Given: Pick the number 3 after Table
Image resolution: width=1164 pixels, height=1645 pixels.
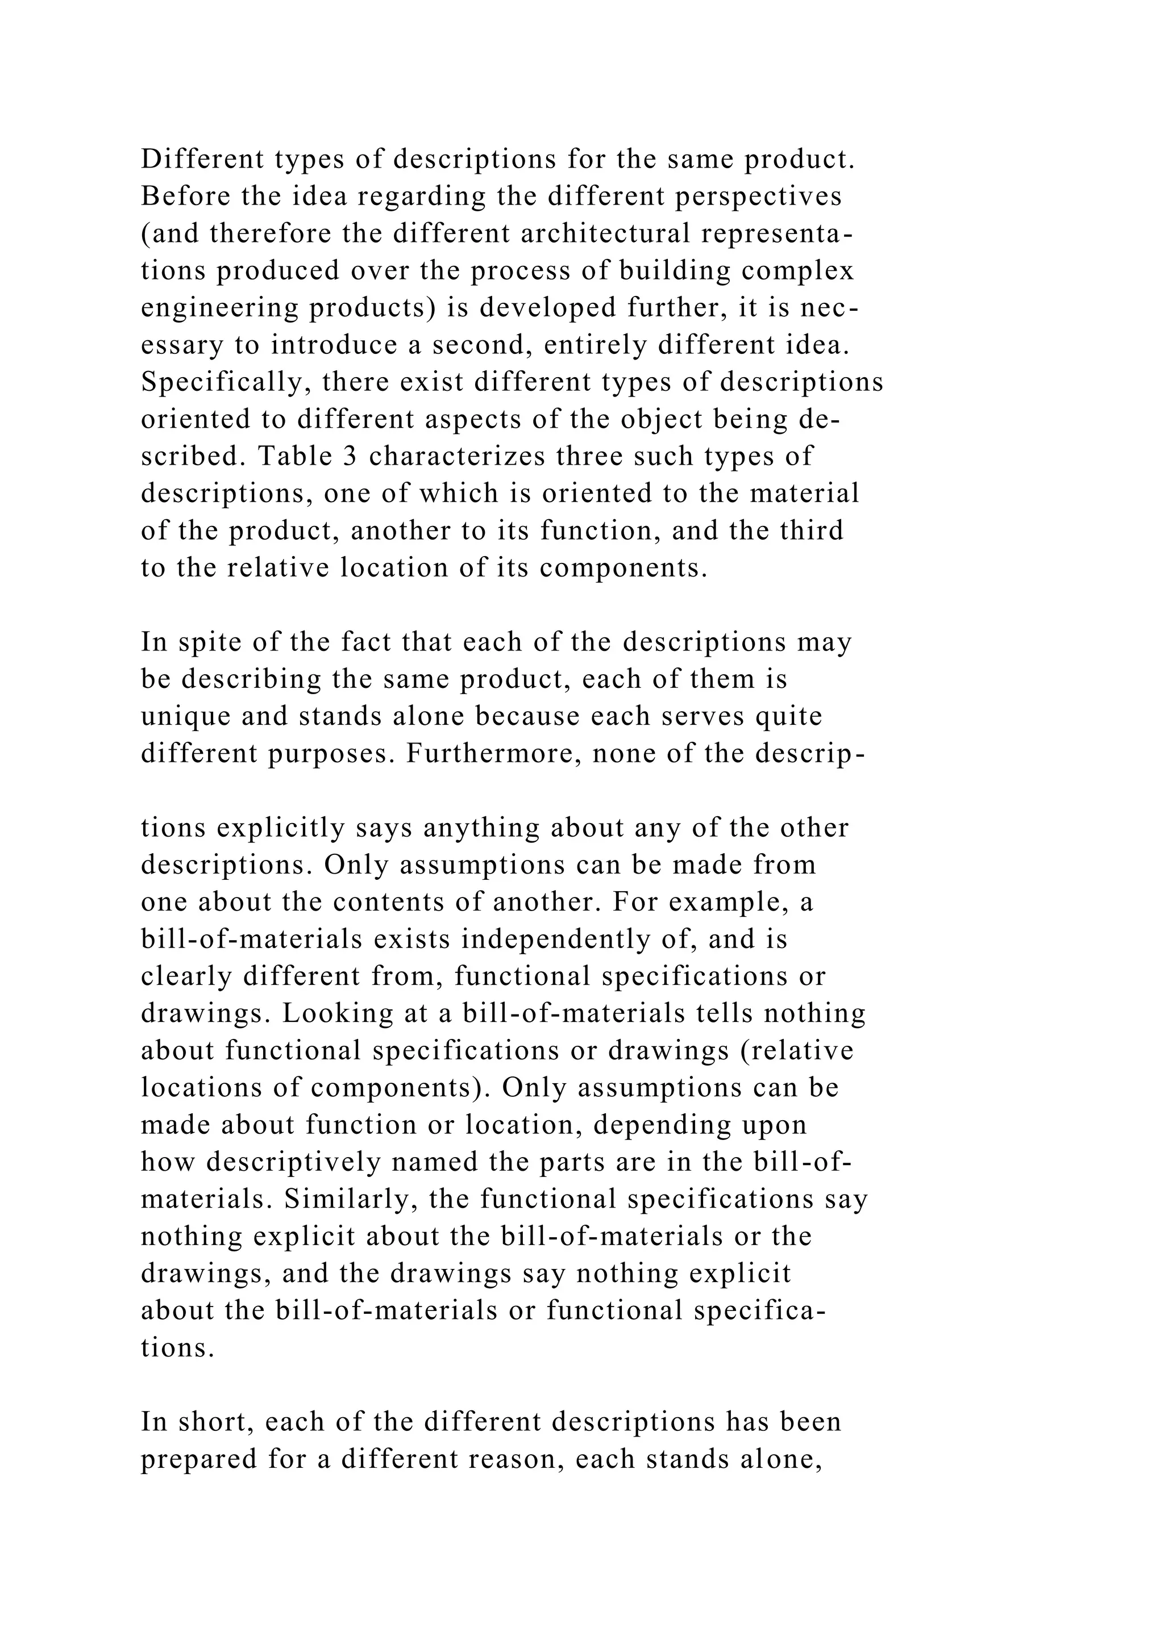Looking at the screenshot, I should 350,456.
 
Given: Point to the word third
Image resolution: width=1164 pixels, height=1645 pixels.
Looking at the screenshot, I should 810,530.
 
